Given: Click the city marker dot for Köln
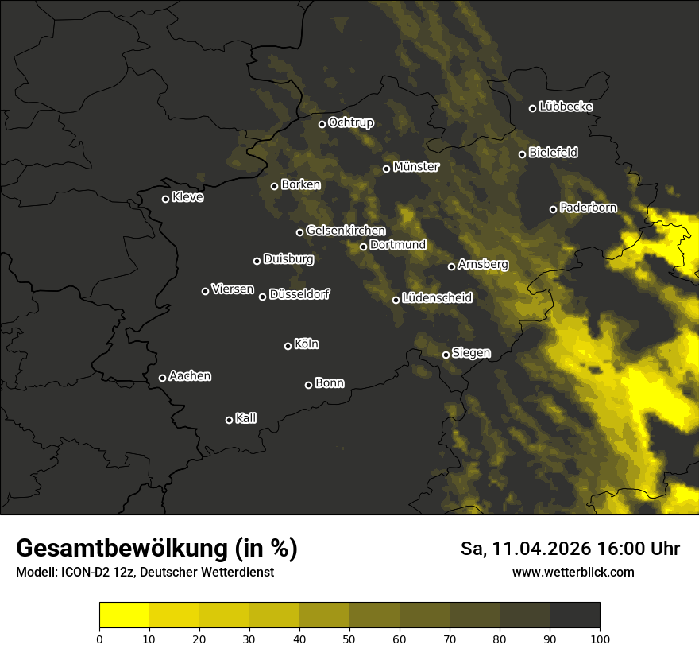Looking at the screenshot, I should click(288, 346).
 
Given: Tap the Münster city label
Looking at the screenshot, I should click(416, 167).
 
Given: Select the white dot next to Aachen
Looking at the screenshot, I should click(162, 378).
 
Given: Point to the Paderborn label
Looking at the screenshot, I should click(588, 208).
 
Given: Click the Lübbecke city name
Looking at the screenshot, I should click(566, 107).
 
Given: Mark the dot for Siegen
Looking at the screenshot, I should click(446, 355).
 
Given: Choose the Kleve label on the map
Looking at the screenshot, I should click(187, 197).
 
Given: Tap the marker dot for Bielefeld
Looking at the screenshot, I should click(522, 154).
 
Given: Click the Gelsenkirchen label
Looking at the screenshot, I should click(346, 231).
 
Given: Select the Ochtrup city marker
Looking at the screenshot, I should click(322, 124).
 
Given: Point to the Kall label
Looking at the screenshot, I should click(245, 418).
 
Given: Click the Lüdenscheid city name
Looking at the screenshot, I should click(437, 298).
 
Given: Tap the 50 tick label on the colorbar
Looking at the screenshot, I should click(349, 638).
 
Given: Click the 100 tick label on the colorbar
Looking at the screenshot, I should click(600, 638).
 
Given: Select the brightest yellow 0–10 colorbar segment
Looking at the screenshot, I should click(124, 615).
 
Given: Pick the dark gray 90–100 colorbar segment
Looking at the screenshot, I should click(574, 615).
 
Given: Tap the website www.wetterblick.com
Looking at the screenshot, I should click(573, 572).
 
